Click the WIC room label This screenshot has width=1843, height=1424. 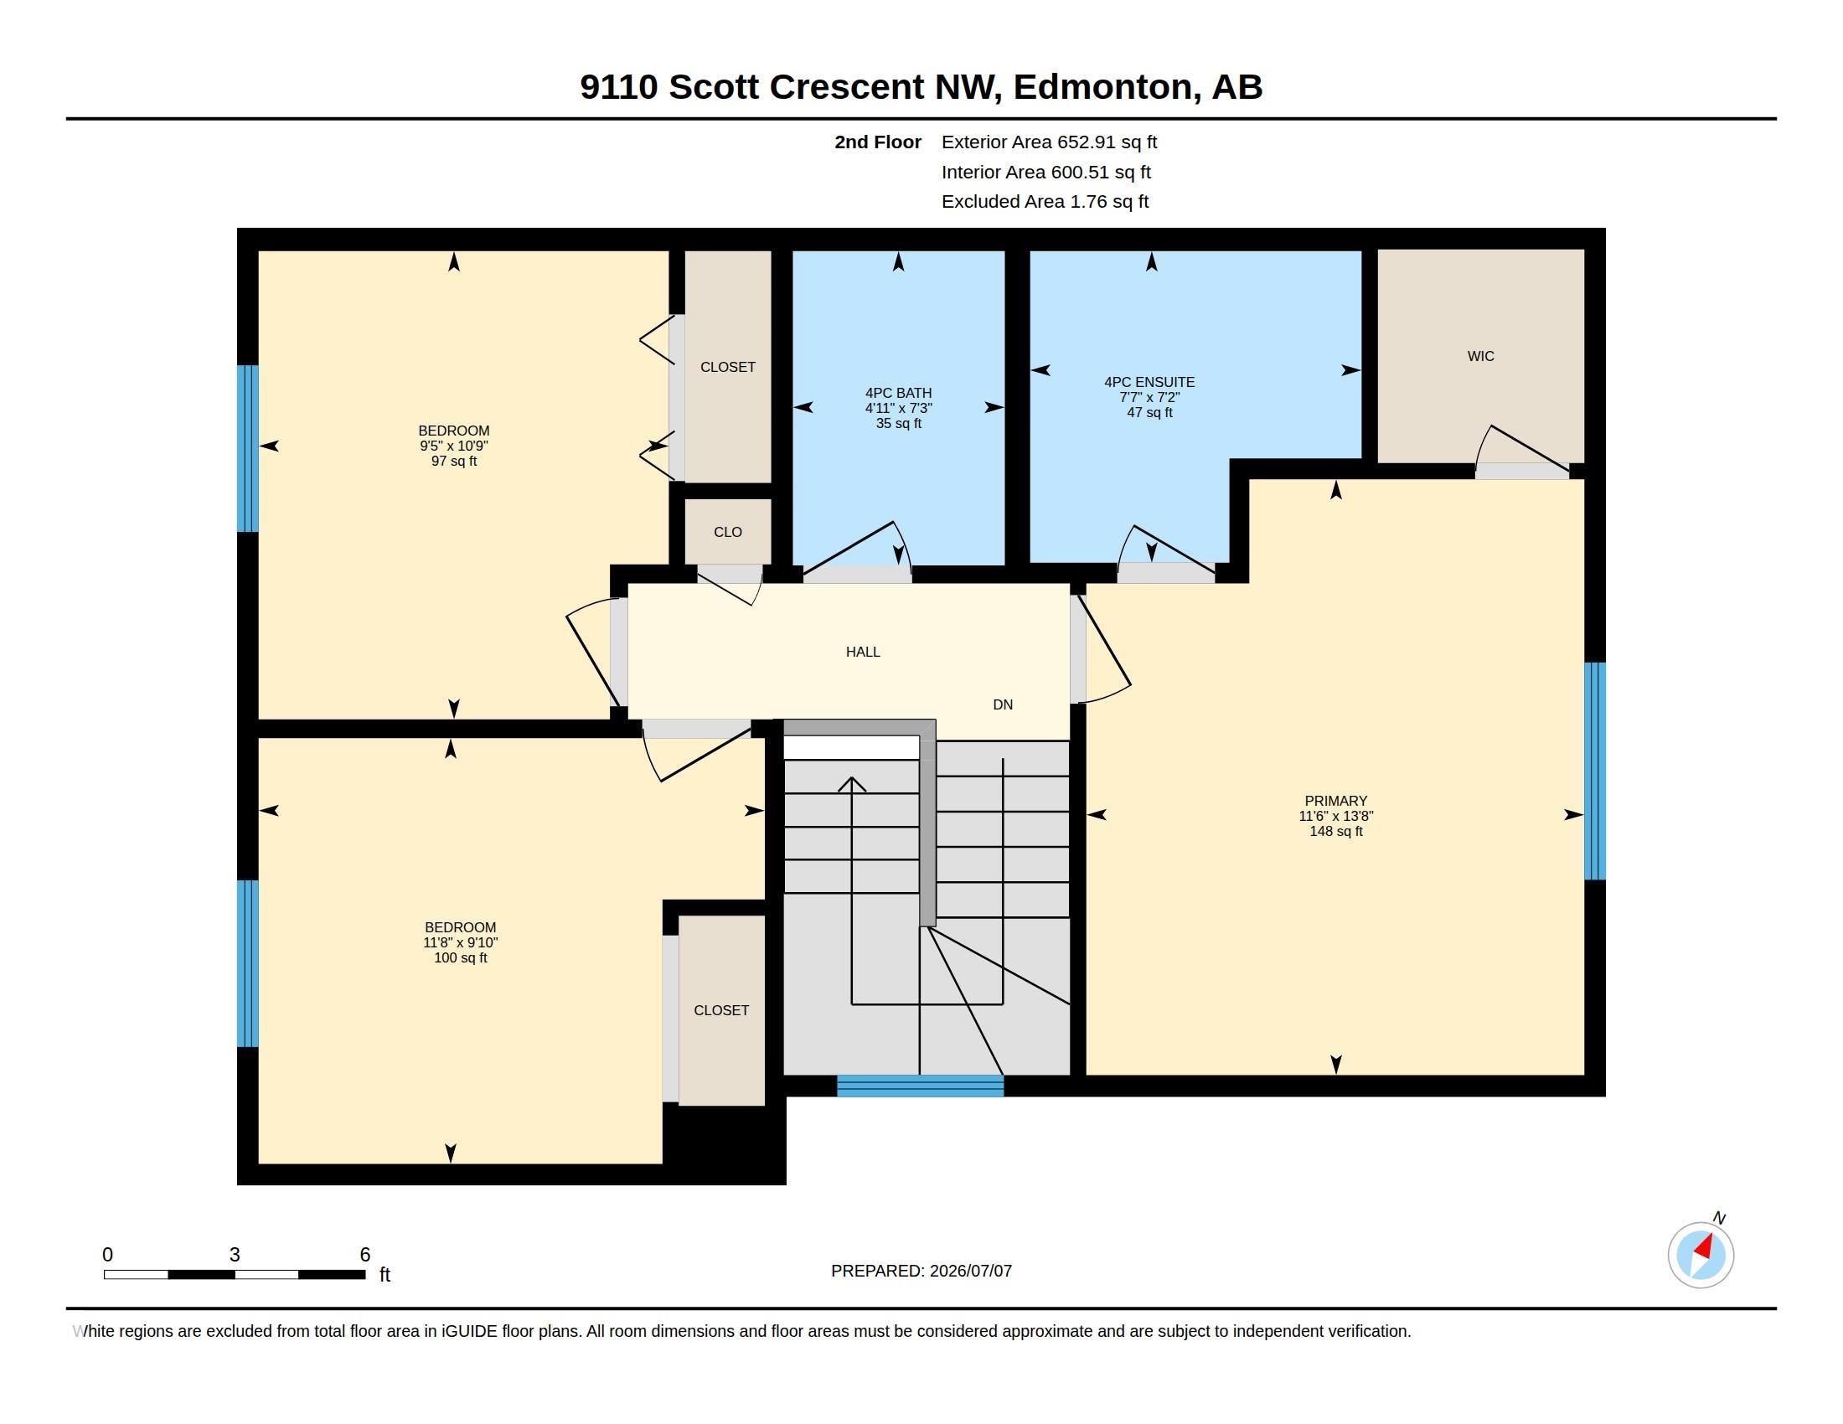[x=1480, y=356]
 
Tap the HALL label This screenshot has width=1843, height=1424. [x=862, y=651]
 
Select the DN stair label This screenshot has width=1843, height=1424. [x=1003, y=704]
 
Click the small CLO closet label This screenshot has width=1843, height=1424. [x=727, y=531]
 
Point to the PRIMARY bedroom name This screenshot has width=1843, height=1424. [x=1336, y=801]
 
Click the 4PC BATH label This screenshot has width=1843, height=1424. [x=898, y=392]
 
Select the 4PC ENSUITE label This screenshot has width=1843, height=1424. [x=1149, y=381]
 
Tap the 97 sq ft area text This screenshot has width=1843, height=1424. [x=454, y=461]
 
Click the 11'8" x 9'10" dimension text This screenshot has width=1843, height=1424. [x=461, y=942]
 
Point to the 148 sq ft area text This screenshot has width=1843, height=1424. [x=1336, y=831]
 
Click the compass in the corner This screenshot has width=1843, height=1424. [x=1701, y=1254]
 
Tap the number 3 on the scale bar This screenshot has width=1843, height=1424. [x=235, y=1255]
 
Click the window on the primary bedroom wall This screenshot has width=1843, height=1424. [x=1594, y=771]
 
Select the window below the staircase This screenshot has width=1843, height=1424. [x=920, y=1086]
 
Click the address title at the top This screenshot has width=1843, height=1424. [x=921, y=87]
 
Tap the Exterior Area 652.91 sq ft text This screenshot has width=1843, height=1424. [x=1049, y=142]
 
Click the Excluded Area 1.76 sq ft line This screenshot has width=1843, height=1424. [x=1045, y=201]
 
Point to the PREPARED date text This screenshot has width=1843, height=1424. [x=921, y=1271]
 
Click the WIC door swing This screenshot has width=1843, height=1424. [x=1521, y=452]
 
